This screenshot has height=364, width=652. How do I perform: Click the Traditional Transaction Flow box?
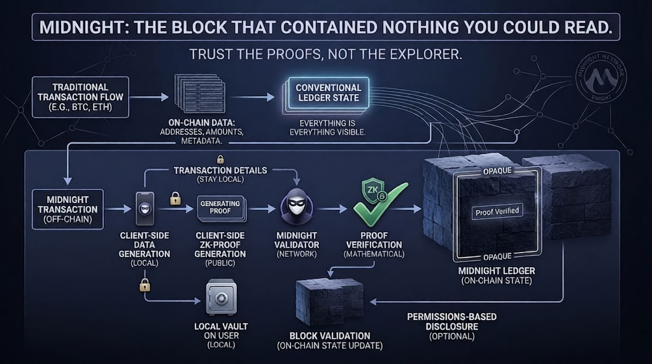point(80,97)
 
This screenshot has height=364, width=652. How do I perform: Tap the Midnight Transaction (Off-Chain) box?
point(67,209)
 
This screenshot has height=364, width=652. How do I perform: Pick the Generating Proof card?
point(220,207)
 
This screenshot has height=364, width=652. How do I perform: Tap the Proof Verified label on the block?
point(497,211)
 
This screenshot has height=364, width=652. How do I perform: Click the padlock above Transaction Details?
point(220,160)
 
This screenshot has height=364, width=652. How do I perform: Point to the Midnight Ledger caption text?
point(496,271)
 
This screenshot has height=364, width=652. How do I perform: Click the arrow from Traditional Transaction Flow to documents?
point(148,98)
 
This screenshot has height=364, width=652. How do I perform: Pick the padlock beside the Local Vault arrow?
point(145,285)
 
